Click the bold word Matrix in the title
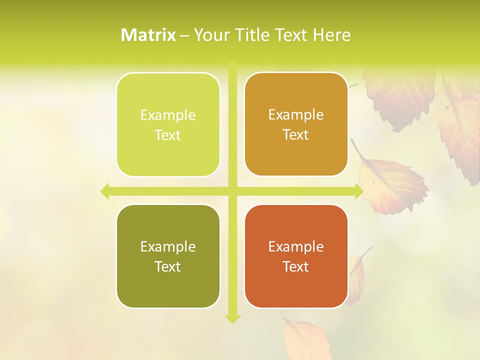(148, 35)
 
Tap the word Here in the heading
(331, 35)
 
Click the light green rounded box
(168, 125)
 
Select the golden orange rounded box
(296, 124)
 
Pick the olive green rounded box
(168, 256)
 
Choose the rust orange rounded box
(296, 256)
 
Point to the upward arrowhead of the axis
(232, 65)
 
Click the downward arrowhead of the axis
(232, 318)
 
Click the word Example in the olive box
(168, 246)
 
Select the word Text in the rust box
(296, 266)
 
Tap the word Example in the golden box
(296, 115)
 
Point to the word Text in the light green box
(168, 135)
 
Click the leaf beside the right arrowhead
(392, 182)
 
